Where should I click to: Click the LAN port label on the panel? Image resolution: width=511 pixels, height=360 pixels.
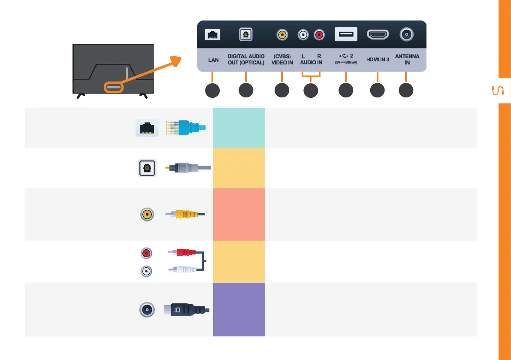pos(213,60)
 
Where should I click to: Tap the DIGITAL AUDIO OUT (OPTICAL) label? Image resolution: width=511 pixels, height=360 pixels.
pos(246,60)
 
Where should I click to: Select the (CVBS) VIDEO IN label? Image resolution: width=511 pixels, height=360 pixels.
pos(282,60)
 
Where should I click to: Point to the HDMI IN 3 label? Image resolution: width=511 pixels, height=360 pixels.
pos(378,60)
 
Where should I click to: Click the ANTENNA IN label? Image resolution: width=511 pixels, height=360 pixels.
pos(407,60)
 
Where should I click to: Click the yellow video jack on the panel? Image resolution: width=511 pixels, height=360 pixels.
pos(282,35)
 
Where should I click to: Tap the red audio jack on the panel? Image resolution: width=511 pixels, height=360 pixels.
pos(319,35)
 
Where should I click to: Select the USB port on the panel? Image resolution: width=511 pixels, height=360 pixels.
pos(346,35)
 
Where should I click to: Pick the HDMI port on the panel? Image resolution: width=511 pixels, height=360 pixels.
pos(378,35)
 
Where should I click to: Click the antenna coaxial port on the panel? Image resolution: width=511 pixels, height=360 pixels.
pos(406,34)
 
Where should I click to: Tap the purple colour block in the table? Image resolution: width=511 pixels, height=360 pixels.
pos(239,309)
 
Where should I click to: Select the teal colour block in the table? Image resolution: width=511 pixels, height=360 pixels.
pos(239,128)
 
